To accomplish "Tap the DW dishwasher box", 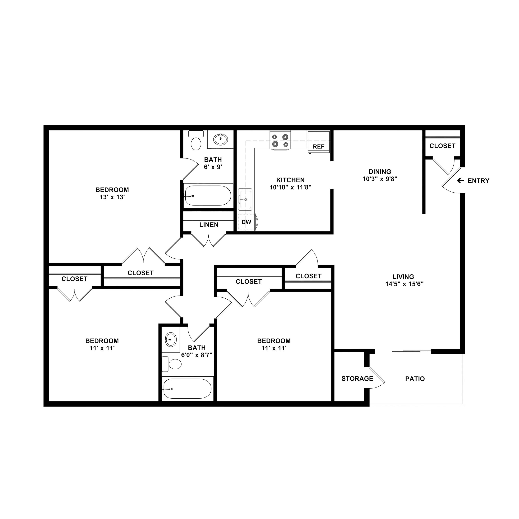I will [x=246, y=222].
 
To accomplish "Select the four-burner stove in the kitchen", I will [x=280, y=141].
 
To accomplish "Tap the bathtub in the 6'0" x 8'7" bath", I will [x=187, y=389].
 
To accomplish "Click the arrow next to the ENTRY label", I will [x=460, y=181].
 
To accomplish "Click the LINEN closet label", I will [x=209, y=225].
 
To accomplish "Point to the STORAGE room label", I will [x=357, y=379].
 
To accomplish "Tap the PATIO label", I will [x=415, y=379].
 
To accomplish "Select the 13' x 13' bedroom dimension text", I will [x=112, y=197].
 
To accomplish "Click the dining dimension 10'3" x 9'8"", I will [x=380, y=179].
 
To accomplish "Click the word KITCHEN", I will [x=290, y=180].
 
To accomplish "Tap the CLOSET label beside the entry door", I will [x=442, y=146].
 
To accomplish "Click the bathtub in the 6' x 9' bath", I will [x=208, y=195].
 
